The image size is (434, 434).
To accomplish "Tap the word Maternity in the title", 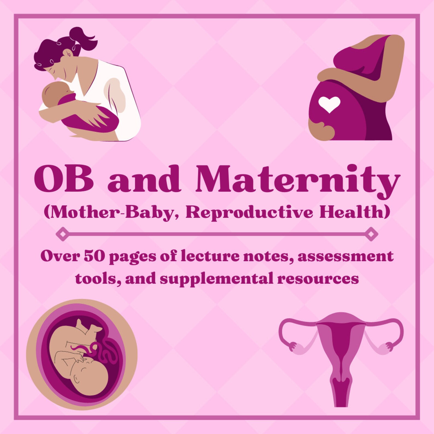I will pos(298,180).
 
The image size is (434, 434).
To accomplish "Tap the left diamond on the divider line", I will pos(62,234).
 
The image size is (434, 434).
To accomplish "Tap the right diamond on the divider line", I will pos(371,234).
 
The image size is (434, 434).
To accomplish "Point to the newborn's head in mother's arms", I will pos(56,93).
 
